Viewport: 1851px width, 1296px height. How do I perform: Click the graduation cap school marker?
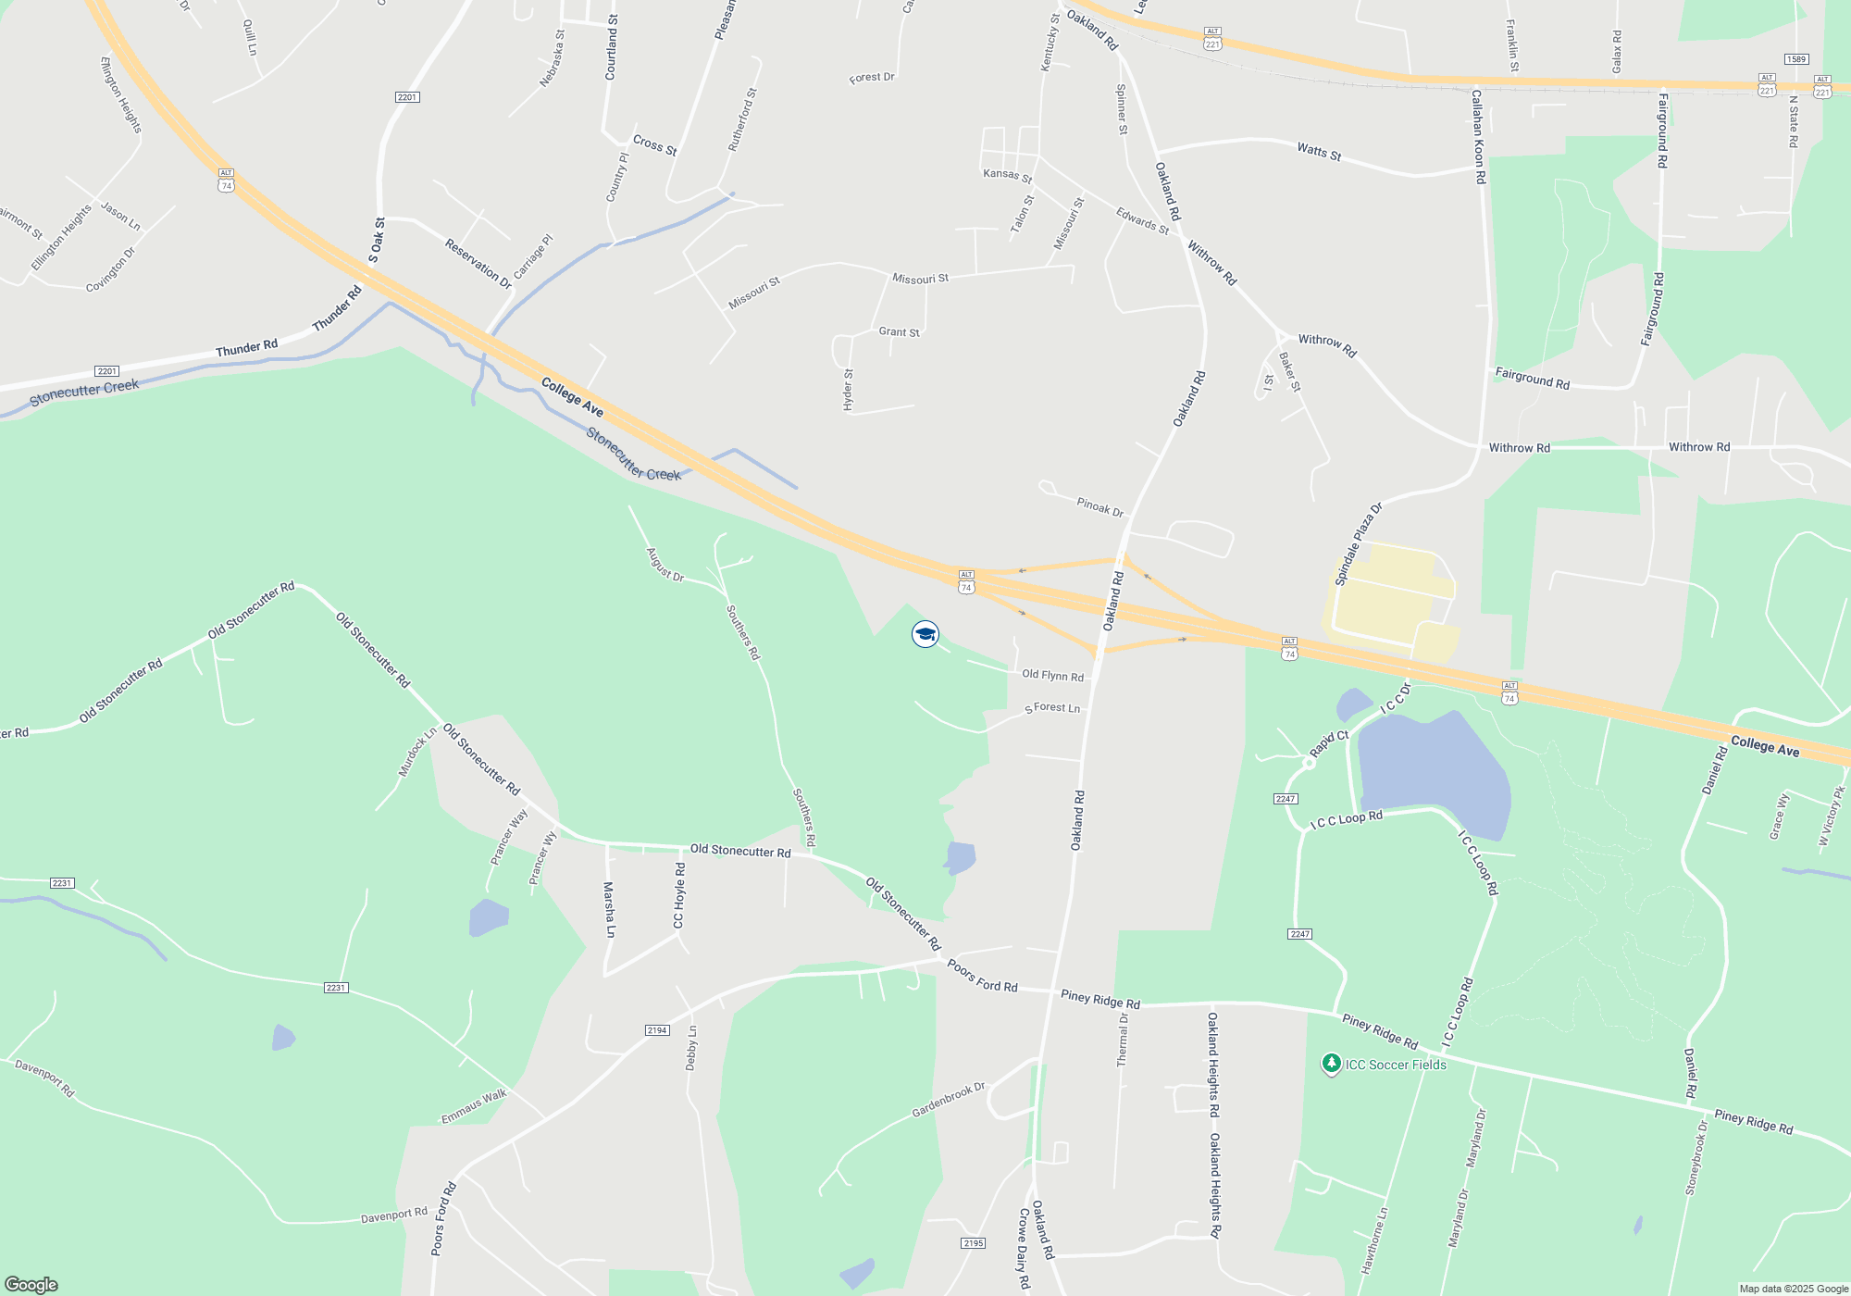pos(925,634)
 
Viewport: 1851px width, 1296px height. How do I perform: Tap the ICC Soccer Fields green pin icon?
pos(1331,1064)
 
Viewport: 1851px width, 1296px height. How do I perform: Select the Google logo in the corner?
pos(31,1284)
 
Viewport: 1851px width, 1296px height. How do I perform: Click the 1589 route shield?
pos(1796,59)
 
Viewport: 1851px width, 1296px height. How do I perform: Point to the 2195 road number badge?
pos(973,1243)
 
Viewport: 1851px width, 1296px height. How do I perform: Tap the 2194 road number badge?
pos(657,1030)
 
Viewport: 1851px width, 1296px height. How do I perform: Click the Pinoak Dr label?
pos(1099,507)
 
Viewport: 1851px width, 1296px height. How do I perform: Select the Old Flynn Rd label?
pos(1052,676)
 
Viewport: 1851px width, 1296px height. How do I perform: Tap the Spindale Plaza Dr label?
pos(1358,544)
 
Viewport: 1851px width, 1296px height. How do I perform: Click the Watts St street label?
pos(1319,151)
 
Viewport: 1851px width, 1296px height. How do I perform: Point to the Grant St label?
pos(899,332)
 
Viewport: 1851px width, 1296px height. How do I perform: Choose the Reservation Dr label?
pos(478,264)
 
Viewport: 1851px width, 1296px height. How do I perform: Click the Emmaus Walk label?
pos(474,1106)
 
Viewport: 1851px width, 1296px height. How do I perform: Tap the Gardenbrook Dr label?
pos(949,1100)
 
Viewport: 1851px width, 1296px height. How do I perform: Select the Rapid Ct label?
pos(1329,743)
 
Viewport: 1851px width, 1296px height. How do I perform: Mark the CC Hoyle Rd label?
pos(679,895)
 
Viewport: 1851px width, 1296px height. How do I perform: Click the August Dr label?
pos(665,565)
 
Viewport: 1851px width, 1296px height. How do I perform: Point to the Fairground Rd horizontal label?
pos(1532,379)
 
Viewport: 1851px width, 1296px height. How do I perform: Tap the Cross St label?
pos(654,145)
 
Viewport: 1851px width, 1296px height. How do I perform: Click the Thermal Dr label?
pos(1123,1040)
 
